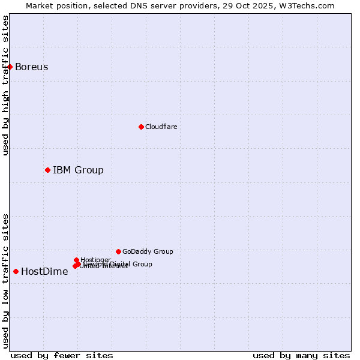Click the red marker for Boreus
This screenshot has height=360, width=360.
(x=10, y=67)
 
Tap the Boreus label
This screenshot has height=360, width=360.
(x=31, y=67)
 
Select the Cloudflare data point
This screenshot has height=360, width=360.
(x=141, y=127)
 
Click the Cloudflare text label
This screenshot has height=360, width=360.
(x=161, y=127)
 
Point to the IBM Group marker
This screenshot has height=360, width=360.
(x=47, y=170)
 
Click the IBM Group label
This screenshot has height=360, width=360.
(x=78, y=170)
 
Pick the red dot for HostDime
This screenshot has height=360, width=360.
(x=16, y=271)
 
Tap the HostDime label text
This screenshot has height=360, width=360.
(x=44, y=271)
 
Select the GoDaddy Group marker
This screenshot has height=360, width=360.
(x=118, y=251)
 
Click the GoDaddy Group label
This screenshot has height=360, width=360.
(x=148, y=251)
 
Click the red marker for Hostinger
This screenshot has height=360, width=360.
(x=76, y=260)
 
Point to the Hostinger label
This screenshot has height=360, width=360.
(x=95, y=259)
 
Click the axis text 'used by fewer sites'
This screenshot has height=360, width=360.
(x=62, y=355)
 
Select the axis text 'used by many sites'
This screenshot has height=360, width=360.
(x=301, y=355)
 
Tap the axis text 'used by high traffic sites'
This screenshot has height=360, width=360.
(x=5, y=86)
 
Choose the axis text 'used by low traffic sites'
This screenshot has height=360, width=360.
(x=5, y=280)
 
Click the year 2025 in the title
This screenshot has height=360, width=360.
(x=270, y=5)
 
